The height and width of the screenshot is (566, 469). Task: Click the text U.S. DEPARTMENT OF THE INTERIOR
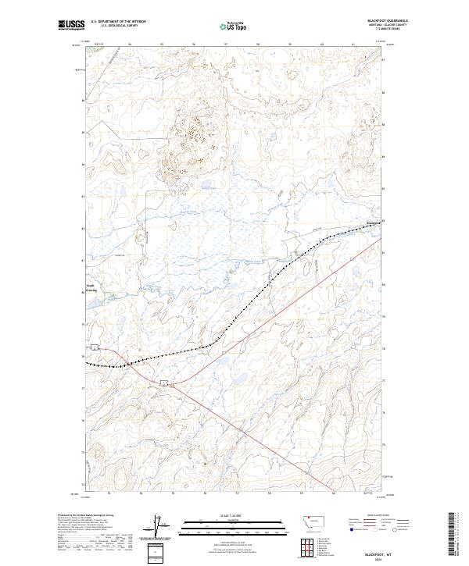118,22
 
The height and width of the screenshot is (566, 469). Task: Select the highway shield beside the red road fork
165,382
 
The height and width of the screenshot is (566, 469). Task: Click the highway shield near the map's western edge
94,347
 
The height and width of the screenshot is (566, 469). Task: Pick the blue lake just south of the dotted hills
208,187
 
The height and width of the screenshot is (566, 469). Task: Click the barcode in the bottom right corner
452,535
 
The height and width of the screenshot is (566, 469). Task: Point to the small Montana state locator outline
317,519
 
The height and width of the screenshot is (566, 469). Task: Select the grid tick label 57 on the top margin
226,45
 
